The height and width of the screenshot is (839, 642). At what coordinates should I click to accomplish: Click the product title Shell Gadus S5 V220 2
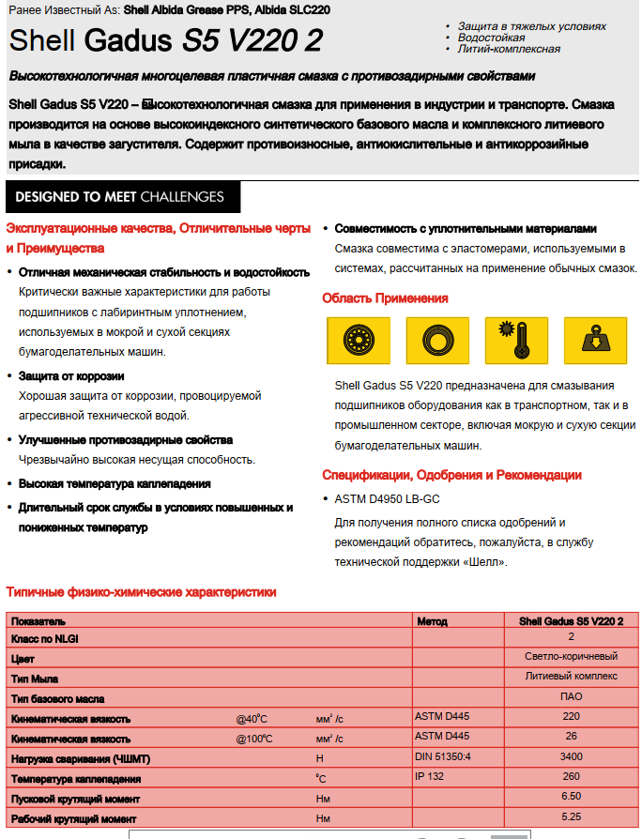(x=165, y=40)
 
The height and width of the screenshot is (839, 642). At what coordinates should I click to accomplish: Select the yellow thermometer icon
(x=515, y=341)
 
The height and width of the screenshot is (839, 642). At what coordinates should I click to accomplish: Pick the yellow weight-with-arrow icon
(x=595, y=341)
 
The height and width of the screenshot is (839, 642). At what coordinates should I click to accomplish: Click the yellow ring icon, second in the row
(x=436, y=341)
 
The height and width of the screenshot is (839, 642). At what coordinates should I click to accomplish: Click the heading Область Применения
(x=385, y=298)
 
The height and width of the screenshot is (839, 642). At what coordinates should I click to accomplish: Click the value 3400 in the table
(x=571, y=757)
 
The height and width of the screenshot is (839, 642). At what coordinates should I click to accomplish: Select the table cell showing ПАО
(x=571, y=697)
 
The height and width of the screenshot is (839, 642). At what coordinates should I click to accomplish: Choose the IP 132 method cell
(x=429, y=778)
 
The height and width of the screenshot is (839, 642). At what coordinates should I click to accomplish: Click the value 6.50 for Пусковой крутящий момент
(x=571, y=798)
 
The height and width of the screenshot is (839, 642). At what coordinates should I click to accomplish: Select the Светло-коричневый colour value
(x=571, y=657)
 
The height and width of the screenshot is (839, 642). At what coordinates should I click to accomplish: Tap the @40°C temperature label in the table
(x=254, y=718)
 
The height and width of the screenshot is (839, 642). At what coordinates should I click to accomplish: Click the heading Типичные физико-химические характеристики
(x=141, y=592)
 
